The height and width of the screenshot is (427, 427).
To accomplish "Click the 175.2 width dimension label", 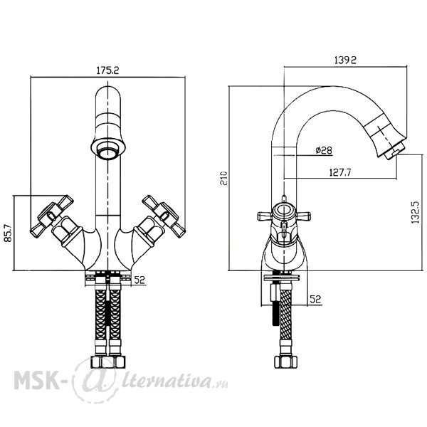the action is point(108,70).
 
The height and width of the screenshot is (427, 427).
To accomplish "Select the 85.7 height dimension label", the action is point(9,233).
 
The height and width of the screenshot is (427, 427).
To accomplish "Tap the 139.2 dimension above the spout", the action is point(345,60).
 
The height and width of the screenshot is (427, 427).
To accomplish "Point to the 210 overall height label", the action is point(224,178).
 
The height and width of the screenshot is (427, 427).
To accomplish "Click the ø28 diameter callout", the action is point(324,150).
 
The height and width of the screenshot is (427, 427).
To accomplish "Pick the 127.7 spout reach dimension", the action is point(340,172).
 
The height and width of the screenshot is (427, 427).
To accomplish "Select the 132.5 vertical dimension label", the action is point(416,213).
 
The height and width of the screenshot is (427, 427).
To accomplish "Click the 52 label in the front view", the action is point(139,280).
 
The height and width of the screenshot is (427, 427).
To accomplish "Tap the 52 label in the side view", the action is point(315,299).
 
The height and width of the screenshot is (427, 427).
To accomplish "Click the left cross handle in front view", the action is point(52,216).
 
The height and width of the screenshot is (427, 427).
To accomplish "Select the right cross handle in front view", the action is point(164,216).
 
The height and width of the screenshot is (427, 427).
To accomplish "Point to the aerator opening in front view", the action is point(108,149).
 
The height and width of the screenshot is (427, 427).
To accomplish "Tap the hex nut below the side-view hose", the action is point(285,362).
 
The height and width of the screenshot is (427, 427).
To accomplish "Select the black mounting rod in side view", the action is point(275,312).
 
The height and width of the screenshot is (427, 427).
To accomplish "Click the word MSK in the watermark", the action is point(36,379).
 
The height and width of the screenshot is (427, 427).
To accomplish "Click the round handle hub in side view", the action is point(283,211).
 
